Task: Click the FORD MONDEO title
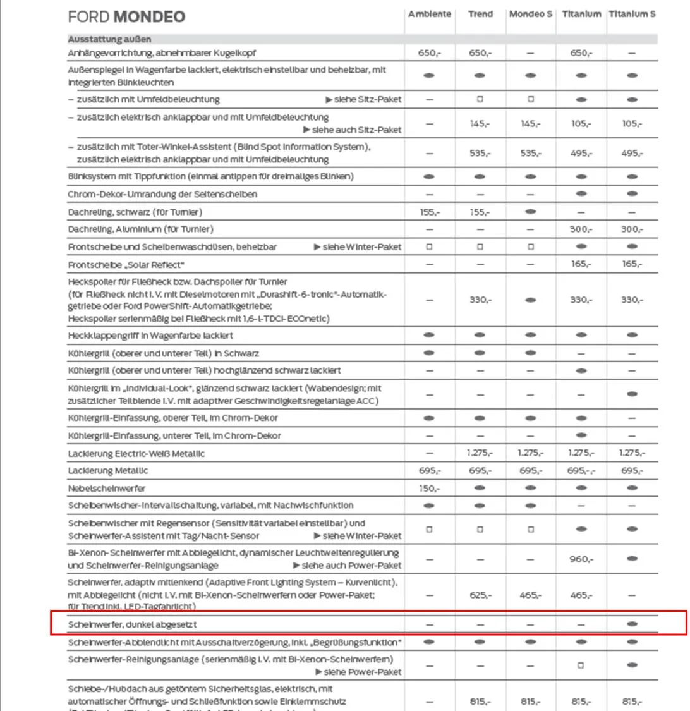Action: (x=126, y=16)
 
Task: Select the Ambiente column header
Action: (x=430, y=14)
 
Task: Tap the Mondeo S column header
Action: (x=530, y=14)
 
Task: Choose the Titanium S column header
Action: (x=631, y=14)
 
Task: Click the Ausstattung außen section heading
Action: (x=109, y=39)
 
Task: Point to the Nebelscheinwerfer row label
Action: (x=106, y=489)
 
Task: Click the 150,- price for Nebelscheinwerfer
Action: (x=429, y=489)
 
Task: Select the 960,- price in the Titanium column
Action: (x=581, y=559)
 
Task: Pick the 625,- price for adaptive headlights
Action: (x=480, y=595)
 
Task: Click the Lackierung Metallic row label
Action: (x=104, y=471)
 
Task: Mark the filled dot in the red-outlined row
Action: (x=631, y=624)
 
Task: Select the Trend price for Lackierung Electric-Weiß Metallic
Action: (x=480, y=453)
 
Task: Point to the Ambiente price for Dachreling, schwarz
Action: (x=429, y=212)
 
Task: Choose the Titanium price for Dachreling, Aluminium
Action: (x=581, y=229)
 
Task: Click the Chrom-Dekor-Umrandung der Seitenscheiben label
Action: (x=162, y=195)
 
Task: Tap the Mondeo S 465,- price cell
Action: (x=530, y=595)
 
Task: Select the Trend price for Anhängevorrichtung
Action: (x=480, y=54)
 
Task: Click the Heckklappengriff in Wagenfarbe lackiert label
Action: (x=150, y=336)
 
